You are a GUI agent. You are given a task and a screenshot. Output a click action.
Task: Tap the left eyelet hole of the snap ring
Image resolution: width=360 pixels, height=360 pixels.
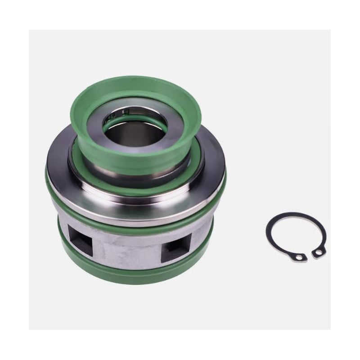coord(299,257)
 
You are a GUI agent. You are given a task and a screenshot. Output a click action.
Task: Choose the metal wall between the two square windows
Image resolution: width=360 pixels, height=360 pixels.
coord(126,245)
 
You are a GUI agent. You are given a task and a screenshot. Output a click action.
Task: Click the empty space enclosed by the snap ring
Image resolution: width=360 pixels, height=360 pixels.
coord(295,236)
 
